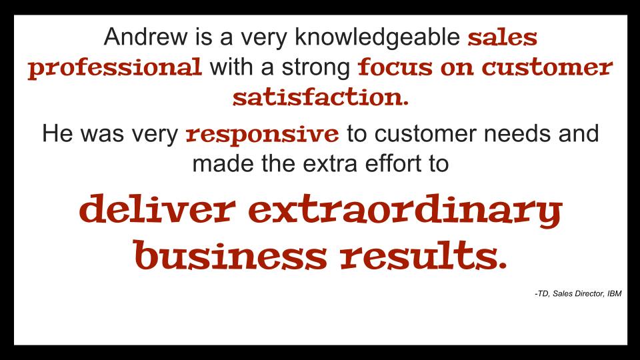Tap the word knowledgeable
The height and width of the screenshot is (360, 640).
pyautogui.click(x=377, y=37)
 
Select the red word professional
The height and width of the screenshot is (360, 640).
pyautogui.click(x=115, y=68)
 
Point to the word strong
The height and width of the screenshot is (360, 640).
pyautogui.click(x=315, y=67)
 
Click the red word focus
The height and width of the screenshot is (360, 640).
pyautogui.click(x=395, y=67)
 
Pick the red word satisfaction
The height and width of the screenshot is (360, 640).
pyautogui.click(x=321, y=97)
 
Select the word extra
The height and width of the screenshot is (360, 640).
pyautogui.click(x=330, y=164)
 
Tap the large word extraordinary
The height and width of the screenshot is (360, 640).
pyautogui.click(x=405, y=211)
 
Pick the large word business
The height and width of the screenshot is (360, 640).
pyautogui.click(x=230, y=255)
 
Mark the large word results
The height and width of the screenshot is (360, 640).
pyautogui.click(x=423, y=255)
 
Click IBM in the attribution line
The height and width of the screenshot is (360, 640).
pyautogui.click(x=614, y=293)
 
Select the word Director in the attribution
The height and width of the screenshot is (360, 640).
pyautogui.click(x=588, y=293)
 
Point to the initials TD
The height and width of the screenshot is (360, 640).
pyautogui.click(x=543, y=293)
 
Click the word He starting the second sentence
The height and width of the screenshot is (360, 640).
pyautogui.click(x=57, y=133)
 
